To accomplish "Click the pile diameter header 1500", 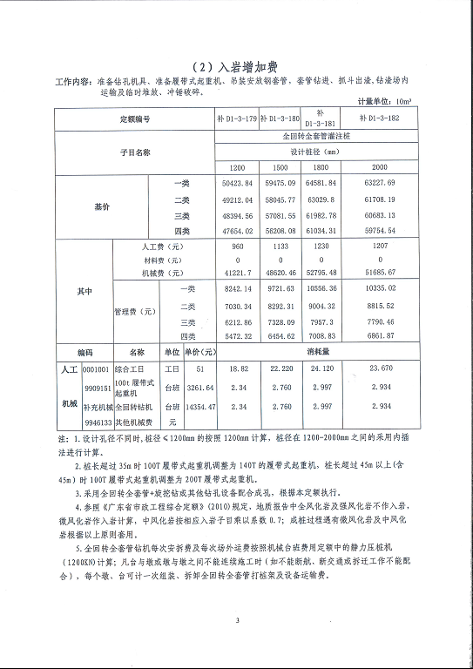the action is pyautogui.click(x=280, y=166).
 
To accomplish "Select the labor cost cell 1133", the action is pyautogui.click(x=280, y=247).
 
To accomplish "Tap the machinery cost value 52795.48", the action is pyautogui.click(x=323, y=273).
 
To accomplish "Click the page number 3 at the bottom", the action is pyautogui.click(x=236, y=620).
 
